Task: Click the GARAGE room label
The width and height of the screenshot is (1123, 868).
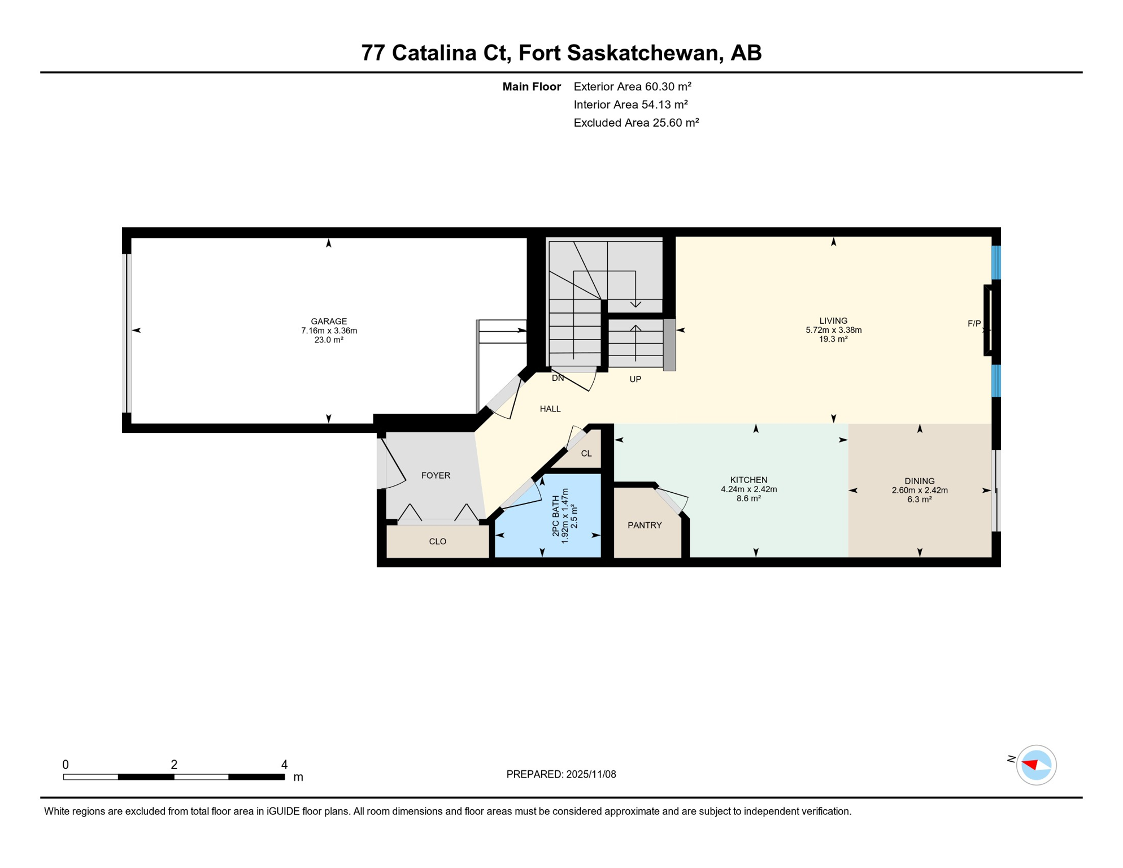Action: tap(329, 321)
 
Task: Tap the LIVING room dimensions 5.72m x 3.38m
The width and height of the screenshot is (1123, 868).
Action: tap(833, 330)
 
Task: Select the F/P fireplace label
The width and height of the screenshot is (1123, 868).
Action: tap(974, 324)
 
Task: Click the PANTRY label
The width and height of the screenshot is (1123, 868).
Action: tap(645, 525)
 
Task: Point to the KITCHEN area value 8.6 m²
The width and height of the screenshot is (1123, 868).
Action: tap(748, 498)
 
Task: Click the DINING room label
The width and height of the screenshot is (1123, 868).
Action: tap(919, 481)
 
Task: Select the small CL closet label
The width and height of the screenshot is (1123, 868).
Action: tap(586, 453)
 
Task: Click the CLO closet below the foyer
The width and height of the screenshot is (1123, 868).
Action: tap(437, 541)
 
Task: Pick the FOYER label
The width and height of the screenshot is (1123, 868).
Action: tap(436, 475)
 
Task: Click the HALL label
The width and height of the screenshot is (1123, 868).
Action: tap(550, 409)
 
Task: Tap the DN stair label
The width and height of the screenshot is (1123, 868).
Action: tap(558, 378)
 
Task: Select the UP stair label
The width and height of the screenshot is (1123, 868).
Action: tap(635, 379)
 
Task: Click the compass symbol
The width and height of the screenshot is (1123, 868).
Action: tap(1036, 765)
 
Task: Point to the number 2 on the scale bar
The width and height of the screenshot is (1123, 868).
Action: tap(174, 765)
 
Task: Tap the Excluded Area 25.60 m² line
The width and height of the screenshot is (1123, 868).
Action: tap(636, 123)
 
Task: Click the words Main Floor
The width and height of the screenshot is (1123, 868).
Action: tap(531, 86)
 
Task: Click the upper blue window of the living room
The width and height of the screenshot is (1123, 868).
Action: tap(996, 263)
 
